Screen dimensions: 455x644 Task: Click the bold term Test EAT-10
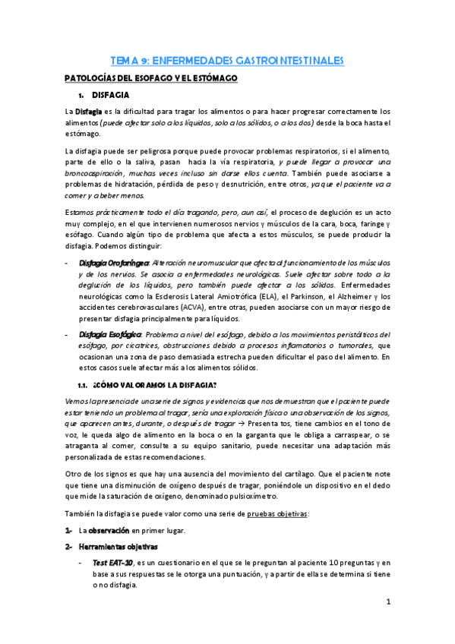(x=112, y=562)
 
